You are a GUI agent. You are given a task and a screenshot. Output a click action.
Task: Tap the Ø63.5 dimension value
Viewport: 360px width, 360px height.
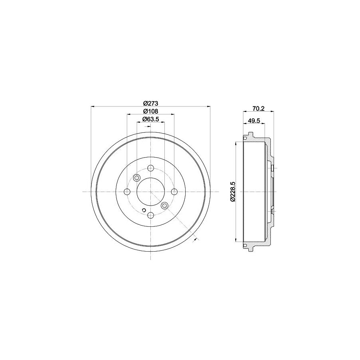tap(150, 119)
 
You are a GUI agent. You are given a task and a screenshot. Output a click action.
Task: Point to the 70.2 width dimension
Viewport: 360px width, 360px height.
tap(258, 107)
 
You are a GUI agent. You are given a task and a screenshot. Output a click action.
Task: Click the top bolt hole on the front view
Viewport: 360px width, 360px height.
tap(150, 168)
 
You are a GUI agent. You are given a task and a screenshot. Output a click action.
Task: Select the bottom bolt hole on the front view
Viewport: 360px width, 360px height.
tap(150, 216)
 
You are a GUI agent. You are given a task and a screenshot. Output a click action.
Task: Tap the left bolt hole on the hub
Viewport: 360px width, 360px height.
tap(127, 192)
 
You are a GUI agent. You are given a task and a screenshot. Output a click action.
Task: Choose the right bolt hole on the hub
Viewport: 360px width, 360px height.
tap(174, 192)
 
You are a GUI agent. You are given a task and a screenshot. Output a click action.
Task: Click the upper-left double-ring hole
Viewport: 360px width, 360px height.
tap(136, 178)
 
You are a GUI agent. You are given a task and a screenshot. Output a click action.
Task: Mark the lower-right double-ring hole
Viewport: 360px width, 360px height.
tap(164, 206)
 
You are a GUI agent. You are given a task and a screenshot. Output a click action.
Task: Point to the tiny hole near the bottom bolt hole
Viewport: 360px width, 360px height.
tap(144, 210)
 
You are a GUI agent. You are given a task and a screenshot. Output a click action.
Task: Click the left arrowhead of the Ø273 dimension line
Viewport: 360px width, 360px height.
tap(93, 106)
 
